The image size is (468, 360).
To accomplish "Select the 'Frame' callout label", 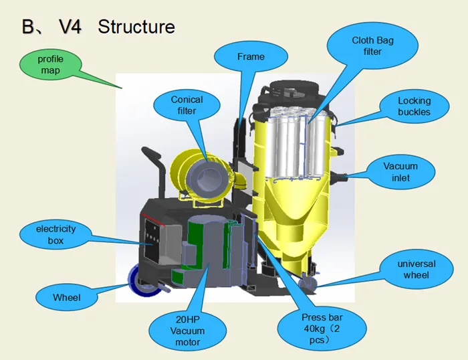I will [x=250, y=57].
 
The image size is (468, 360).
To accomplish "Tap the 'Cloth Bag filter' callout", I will [x=372, y=46].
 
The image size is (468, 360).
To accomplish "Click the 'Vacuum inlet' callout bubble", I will [x=400, y=172].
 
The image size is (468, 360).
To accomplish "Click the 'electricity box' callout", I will [x=56, y=234].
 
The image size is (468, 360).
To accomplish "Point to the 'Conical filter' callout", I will [x=187, y=105].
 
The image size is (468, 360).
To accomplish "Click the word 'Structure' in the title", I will [x=136, y=27].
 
